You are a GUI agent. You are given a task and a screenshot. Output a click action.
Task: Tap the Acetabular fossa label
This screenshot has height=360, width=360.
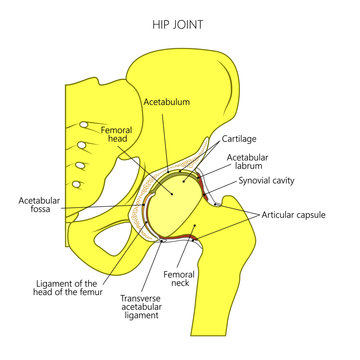(39, 207)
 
